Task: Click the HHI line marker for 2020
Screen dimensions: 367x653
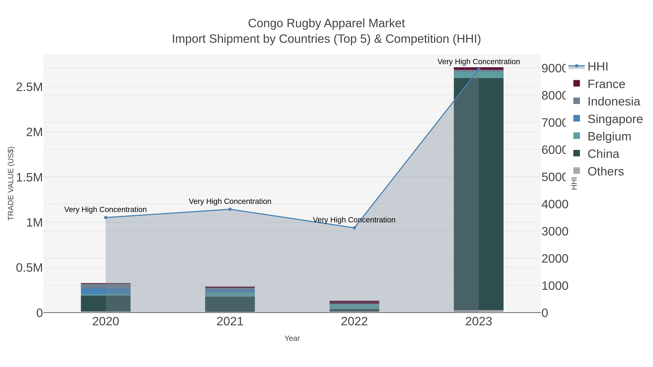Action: pyautogui.click(x=106, y=217)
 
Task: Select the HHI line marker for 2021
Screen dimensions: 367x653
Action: pyautogui.click(x=230, y=209)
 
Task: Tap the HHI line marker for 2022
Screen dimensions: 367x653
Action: pyautogui.click(x=354, y=228)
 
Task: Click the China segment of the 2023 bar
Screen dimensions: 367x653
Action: pyautogui.click(x=479, y=192)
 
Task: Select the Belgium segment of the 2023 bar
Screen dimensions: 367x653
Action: pyautogui.click(x=479, y=75)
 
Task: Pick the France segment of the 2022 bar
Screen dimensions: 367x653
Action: pyautogui.click(x=354, y=302)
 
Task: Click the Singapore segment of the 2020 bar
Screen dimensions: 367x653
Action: pyautogui.click(x=106, y=291)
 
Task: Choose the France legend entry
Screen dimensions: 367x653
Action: pyautogui.click(x=606, y=84)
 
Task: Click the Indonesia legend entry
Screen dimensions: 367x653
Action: pyautogui.click(x=613, y=101)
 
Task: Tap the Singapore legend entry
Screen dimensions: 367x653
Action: pyautogui.click(x=615, y=119)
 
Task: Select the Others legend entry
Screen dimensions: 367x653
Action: pyautogui.click(x=605, y=171)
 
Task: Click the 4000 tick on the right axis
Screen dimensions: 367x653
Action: pyautogui.click(x=555, y=204)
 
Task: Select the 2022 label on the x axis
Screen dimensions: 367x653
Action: pyautogui.click(x=354, y=322)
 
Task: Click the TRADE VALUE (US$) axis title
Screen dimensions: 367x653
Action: pyautogui.click(x=11, y=183)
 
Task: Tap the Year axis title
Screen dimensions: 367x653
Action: pyautogui.click(x=292, y=338)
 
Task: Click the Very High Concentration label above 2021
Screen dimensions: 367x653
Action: pyautogui.click(x=230, y=201)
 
